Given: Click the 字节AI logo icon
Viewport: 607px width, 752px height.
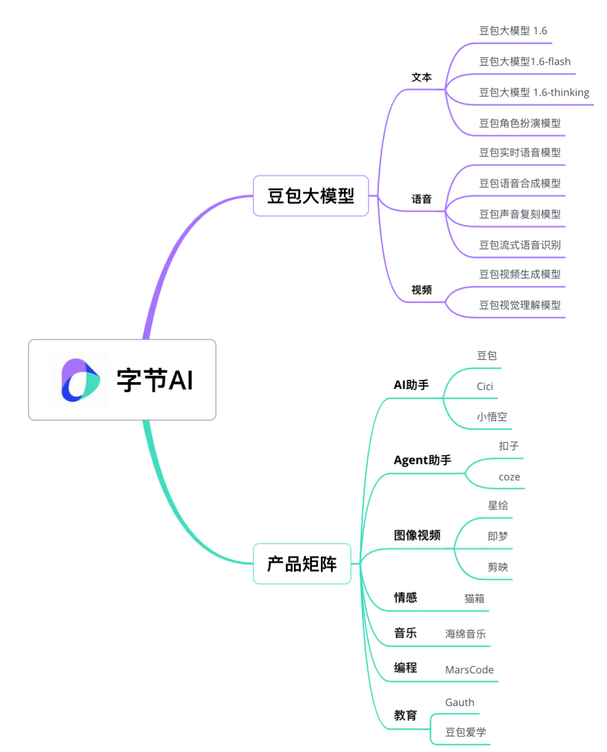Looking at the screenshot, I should coord(80,380).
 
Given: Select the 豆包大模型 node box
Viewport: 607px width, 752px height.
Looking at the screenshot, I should coord(311,196).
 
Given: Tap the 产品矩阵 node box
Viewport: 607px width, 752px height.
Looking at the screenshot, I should coord(302,564).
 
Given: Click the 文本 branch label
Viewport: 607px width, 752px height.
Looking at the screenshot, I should coord(422,78).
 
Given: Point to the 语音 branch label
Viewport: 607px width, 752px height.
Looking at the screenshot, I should coord(422,199).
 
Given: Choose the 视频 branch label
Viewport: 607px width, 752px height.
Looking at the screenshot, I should coord(422,290).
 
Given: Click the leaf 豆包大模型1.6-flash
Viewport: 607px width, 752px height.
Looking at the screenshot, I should coord(524,62).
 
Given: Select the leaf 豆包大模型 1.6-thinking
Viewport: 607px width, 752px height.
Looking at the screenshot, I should coord(534,93).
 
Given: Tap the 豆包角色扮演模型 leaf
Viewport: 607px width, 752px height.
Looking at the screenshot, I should coord(519,124).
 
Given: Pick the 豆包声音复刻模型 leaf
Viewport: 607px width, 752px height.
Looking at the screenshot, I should coord(519,214).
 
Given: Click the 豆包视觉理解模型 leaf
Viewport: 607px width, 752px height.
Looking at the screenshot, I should coord(519,305).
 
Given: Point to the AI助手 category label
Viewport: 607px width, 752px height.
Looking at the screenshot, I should coord(411,385).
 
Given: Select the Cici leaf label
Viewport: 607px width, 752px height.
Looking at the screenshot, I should coord(484,387).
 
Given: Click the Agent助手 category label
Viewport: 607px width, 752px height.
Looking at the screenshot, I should coord(422,460).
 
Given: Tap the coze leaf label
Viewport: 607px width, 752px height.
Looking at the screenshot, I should coord(509,477).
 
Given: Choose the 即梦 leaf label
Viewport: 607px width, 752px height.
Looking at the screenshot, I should coord(497,537).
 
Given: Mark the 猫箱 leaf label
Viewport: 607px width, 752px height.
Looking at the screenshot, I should coord(474,599).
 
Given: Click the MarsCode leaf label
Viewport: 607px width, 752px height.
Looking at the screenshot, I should coord(469,670).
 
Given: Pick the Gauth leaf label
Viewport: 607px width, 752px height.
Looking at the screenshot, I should coord(459,703).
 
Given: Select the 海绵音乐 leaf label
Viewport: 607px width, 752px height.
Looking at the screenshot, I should coord(465,634).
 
